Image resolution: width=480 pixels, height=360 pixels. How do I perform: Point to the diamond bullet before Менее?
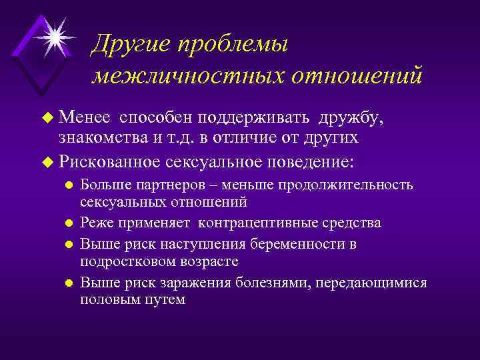47,119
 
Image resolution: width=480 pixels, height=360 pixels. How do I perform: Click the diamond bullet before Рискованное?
47,162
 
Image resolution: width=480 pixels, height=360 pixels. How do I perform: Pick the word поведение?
311,162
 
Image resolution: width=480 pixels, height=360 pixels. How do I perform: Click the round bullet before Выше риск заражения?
67,283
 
